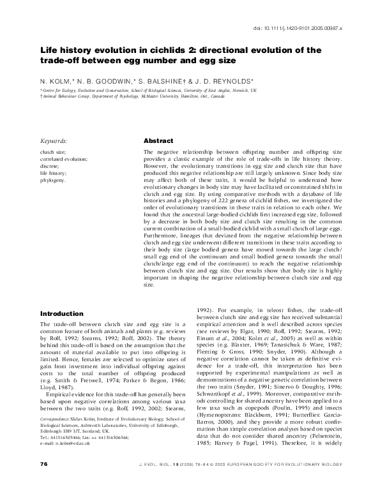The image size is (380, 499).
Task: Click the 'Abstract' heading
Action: (x=156, y=140)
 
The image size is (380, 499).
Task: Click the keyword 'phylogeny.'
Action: (x=53, y=181)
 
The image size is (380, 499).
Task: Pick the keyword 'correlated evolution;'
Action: (x=64, y=159)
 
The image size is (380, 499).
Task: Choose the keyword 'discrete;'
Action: (x=50, y=166)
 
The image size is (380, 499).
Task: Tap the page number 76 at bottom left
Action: (x=43, y=480)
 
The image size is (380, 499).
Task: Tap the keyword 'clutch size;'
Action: (x=54, y=152)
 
